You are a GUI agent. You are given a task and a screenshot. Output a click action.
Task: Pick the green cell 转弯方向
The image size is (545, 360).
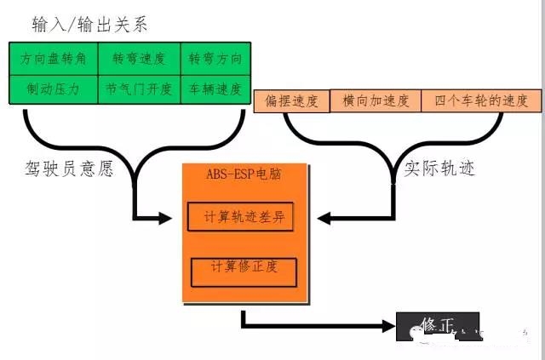click(x=215, y=59)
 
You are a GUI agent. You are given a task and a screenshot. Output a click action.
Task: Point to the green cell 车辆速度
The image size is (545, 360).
click(x=215, y=89)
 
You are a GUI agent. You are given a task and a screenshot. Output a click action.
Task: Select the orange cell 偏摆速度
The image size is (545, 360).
click(x=291, y=101)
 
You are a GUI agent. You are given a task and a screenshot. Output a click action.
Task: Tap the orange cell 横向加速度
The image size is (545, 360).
click(x=375, y=101)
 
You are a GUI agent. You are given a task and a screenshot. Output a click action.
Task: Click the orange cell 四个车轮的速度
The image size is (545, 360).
click(x=481, y=101)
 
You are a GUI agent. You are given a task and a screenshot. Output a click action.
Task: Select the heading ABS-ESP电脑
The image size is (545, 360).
click(x=244, y=174)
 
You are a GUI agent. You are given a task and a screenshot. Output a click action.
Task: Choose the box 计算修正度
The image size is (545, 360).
click(x=244, y=271)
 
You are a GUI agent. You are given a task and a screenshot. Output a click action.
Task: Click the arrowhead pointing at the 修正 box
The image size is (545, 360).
click(x=388, y=325)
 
